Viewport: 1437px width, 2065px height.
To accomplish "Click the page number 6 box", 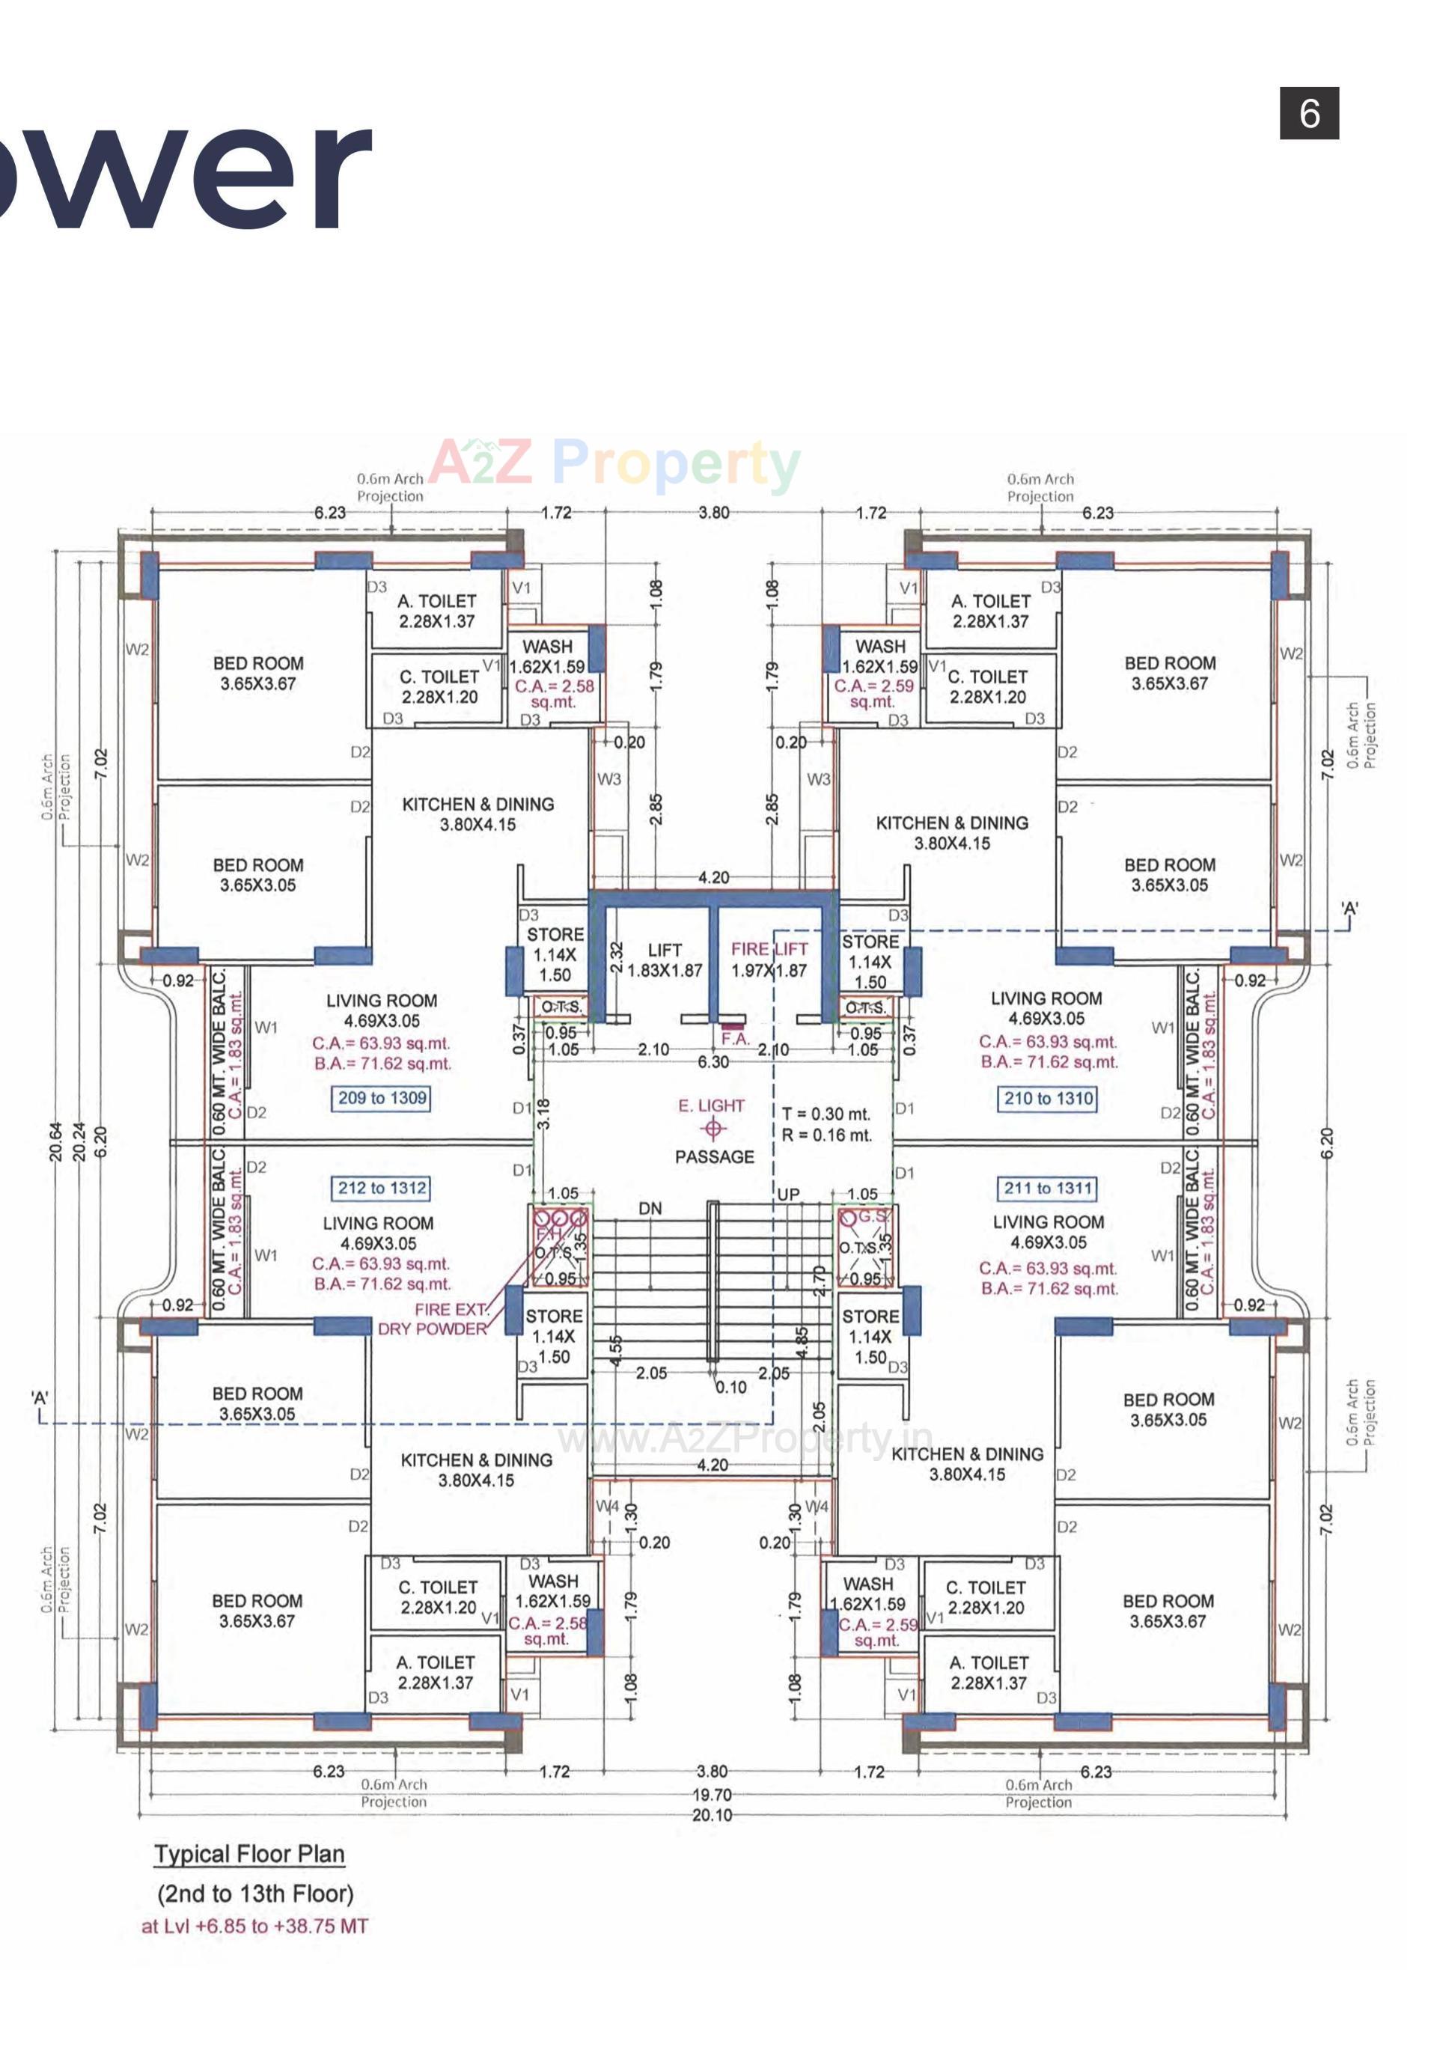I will point(1308,113).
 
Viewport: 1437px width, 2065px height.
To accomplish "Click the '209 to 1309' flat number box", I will point(381,1098).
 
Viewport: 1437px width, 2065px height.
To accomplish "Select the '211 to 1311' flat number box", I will point(1048,1188).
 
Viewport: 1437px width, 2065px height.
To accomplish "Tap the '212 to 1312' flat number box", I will point(381,1188).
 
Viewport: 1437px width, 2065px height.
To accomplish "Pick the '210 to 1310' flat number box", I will point(1048,1098).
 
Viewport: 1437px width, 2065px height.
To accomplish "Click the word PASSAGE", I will point(714,1156).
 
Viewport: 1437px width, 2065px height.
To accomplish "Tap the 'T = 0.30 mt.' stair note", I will point(826,1114).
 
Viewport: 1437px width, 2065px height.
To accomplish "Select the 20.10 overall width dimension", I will point(711,1816).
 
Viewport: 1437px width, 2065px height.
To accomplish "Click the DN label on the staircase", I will point(650,1209).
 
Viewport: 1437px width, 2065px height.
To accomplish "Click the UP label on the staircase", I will point(788,1195).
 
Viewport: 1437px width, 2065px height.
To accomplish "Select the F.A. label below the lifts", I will point(735,1039).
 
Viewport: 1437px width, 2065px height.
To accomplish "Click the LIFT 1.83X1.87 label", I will point(665,960).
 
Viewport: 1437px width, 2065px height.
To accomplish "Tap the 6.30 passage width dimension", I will point(713,1062).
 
